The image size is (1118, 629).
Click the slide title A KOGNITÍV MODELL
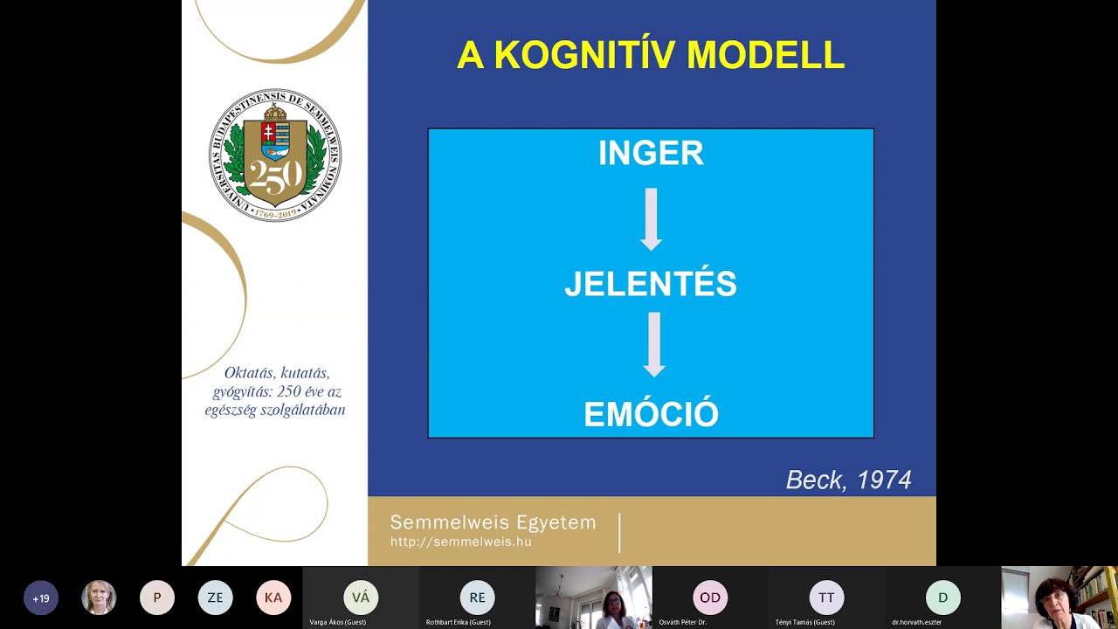pos(651,55)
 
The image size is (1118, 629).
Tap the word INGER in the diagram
pos(651,153)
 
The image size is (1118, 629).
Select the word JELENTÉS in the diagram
pos(651,285)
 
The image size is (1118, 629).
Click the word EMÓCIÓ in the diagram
pos(651,414)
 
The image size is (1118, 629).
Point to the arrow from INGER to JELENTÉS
pos(651,218)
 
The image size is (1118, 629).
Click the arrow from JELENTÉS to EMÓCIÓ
pos(654,344)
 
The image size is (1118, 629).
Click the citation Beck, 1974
pos(848,480)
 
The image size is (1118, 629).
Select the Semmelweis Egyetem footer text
pos(493,522)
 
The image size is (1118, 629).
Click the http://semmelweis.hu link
pos(460,542)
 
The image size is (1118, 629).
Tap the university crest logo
pos(275,155)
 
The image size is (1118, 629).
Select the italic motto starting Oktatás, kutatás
pos(275,391)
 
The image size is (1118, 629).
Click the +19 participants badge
pos(40,598)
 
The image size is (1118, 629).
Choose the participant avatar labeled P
pos(157,598)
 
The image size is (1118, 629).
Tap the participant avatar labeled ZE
pos(215,598)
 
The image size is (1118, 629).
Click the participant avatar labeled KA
pos(273,598)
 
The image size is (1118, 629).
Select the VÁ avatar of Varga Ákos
pos(361,598)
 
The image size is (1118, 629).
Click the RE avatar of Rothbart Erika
pos(477,598)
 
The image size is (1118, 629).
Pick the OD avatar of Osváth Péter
pos(710,598)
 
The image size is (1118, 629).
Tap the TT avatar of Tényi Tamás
pos(826,598)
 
